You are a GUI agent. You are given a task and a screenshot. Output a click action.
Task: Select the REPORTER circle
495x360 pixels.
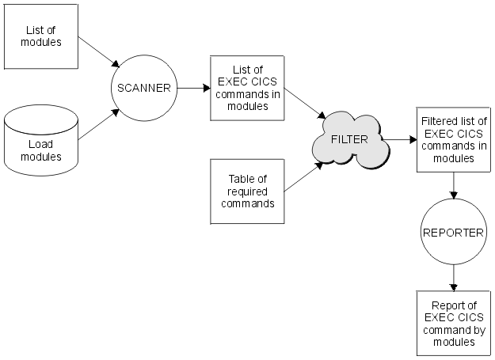pyautogui.click(x=454, y=233)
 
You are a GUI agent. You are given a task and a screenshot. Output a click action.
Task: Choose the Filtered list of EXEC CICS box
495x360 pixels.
pyautogui.click(x=454, y=141)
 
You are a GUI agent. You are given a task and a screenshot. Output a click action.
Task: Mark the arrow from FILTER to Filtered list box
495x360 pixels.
pyautogui.click(x=400, y=140)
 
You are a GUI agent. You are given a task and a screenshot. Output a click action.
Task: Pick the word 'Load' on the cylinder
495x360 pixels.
pyautogui.click(x=41, y=145)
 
